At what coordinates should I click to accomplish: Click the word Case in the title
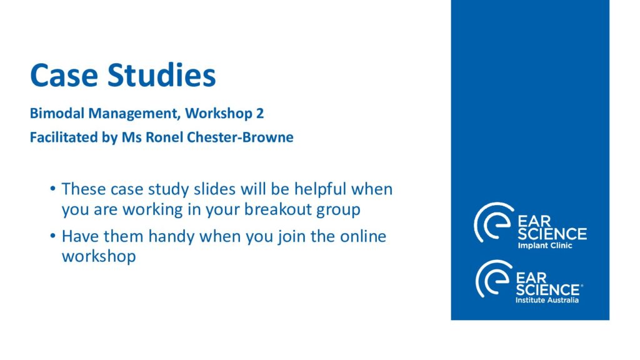pyautogui.click(x=64, y=75)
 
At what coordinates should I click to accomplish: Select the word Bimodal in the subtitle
pyautogui.click(x=57, y=113)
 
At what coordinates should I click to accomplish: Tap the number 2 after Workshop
pyautogui.click(x=260, y=113)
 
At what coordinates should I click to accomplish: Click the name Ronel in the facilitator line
pyautogui.click(x=164, y=137)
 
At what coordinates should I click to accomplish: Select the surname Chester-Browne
pyautogui.click(x=240, y=137)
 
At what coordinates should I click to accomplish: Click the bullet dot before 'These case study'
pyautogui.click(x=52, y=189)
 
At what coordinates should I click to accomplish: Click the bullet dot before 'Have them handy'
pyautogui.click(x=52, y=236)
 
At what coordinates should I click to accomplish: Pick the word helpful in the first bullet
pyautogui.click(x=321, y=189)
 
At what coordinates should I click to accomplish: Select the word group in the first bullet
pyautogui.click(x=338, y=211)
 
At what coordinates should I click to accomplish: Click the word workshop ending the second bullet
pyautogui.click(x=99, y=257)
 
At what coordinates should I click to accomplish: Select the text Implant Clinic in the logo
pyautogui.click(x=545, y=246)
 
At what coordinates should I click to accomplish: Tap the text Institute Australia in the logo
pyautogui.click(x=547, y=301)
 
